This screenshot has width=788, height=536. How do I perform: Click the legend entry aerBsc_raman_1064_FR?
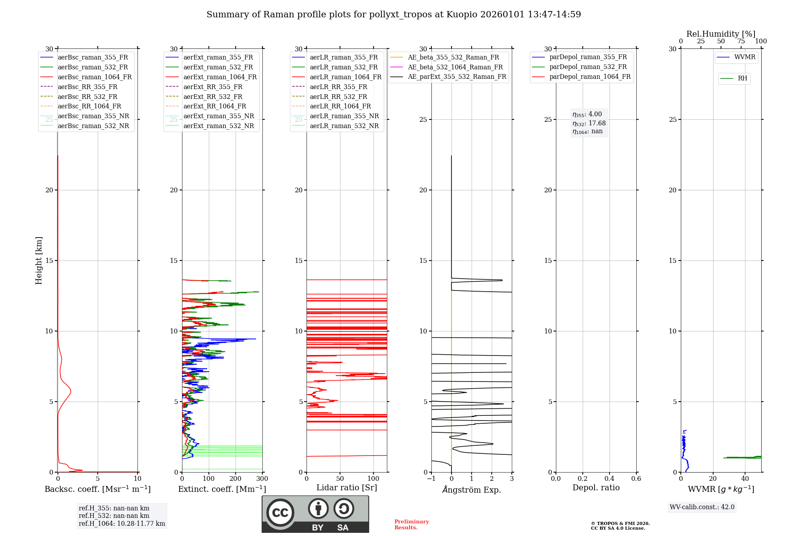point(95,77)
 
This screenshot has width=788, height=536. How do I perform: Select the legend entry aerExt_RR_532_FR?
point(213,97)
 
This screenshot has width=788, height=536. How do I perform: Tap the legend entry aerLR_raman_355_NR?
point(344,116)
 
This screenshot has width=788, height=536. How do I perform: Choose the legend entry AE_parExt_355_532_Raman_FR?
point(457,77)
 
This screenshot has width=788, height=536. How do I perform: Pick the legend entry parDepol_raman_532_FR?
point(588,67)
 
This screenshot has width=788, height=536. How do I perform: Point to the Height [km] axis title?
point(39,261)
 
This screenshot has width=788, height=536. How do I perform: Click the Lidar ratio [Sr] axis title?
point(347,488)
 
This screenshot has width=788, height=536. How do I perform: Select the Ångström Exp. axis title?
point(472,489)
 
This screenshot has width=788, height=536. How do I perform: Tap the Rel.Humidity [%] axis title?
point(721,34)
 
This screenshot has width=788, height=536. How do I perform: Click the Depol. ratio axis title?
point(596,488)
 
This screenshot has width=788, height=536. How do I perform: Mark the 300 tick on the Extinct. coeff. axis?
point(262,479)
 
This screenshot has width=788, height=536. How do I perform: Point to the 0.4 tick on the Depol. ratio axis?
point(610,479)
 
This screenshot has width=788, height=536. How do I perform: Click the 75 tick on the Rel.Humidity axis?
point(741,41)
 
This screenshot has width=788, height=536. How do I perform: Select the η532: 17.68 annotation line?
point(589,123)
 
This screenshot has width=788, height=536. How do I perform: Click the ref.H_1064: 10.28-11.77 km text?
point(122,523)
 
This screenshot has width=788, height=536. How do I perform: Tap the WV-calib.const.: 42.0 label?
point(702,507)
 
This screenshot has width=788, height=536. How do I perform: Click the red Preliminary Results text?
point(412,525)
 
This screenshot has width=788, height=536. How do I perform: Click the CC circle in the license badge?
point(280,512)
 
